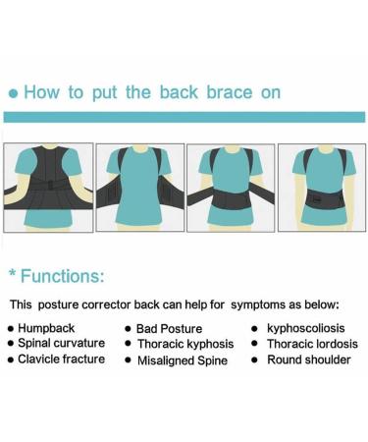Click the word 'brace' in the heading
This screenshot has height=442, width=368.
tap(208, 92)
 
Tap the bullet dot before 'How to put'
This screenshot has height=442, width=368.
tap(13, 93)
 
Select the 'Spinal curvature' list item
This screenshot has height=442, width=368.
tap(61, 344)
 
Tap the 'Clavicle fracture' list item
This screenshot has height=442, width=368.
tap(63, 359)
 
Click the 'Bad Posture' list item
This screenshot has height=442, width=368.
tap(170, 329)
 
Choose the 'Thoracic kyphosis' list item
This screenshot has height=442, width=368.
tap(186, 344)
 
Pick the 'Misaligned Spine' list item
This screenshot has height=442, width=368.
tap(183, 359)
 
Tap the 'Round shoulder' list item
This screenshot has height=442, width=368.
tap(308, 359)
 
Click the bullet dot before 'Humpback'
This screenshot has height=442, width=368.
tap(11, 329)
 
